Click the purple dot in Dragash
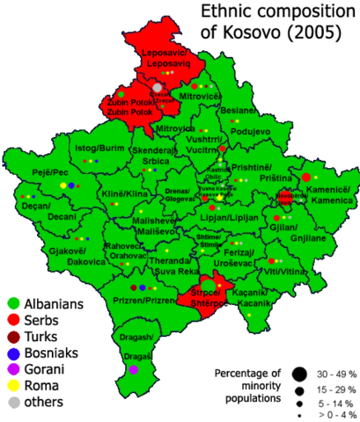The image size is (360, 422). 133,369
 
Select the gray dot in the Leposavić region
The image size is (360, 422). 157,88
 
